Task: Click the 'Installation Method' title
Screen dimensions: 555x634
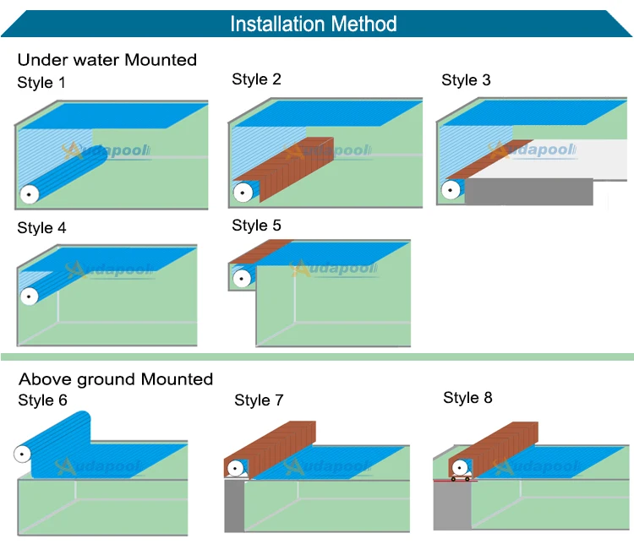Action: tap(314, 23)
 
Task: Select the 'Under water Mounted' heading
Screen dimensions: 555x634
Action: tap(107, 60)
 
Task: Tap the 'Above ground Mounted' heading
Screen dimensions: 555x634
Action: tap(116, 379)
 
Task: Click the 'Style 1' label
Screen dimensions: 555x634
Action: tap(41, 83)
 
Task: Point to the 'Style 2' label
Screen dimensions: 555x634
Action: tap(256, 79)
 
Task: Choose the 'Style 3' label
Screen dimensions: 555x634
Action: tap(466, 80)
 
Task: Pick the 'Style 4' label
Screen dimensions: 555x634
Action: tap(41, 228)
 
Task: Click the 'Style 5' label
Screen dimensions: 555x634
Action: tap(256, 226)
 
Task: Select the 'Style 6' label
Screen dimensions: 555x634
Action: tap(42, 400)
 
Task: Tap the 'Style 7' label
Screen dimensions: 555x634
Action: tap(259, 400)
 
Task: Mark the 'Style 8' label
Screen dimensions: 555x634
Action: tap(467, 398)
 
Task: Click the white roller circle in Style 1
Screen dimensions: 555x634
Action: tap(30, 195)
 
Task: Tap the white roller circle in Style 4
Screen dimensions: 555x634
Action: tap(30, 297)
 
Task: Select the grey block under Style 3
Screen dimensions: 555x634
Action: tap(528, 192)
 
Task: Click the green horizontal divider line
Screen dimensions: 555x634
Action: tap(317, 357)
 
